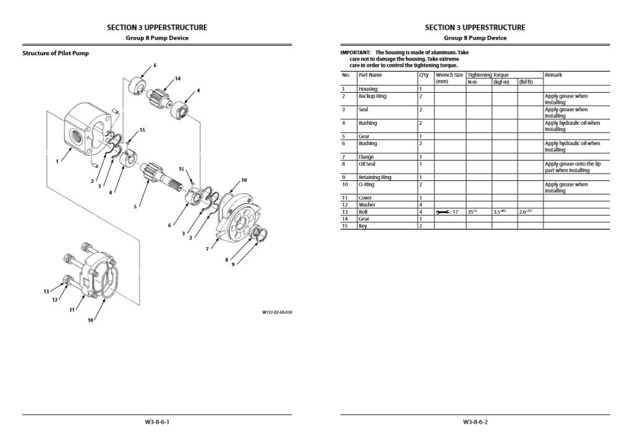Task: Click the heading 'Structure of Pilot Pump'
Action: (x=56, y=53)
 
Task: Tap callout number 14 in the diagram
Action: (x=177, y=78)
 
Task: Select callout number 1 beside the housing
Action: (x=57, y=161)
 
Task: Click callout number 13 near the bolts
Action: (x=46, y=291)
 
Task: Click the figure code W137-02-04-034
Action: (x=277, y=313)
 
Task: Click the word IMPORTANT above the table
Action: (x=355, y=53)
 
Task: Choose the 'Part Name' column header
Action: (x=370, y=75)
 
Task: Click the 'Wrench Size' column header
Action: (x=449, y=75)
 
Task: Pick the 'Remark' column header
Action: (x=553, y=75)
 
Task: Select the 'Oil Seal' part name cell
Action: (x=367, y=164)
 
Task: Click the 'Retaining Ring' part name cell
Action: (x=374, y=177)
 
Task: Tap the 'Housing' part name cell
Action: (x=368, y=89)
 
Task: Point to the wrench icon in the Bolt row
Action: (x=443, y=212)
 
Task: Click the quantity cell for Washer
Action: (x=421, y=204)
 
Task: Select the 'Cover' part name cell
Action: (x=365, y=198)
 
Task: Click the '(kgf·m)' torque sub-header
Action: (x=500, y=82)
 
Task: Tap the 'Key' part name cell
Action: (x=363, y=225)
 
